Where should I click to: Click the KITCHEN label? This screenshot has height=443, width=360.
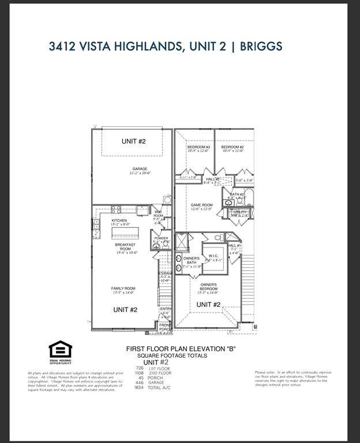tap(119, 220)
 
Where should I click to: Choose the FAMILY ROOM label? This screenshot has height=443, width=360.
tap(123, 288)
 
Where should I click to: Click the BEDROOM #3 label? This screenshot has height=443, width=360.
tap(198, 147)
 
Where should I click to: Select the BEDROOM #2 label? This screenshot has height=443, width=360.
tap(232, 147)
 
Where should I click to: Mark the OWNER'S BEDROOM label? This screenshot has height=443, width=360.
tap(209, 285)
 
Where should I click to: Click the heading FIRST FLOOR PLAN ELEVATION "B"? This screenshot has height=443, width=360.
tap(181, 349)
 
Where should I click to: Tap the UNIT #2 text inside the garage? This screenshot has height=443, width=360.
tap(133, 141)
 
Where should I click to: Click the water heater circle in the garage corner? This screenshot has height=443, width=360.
tap(167, 200)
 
